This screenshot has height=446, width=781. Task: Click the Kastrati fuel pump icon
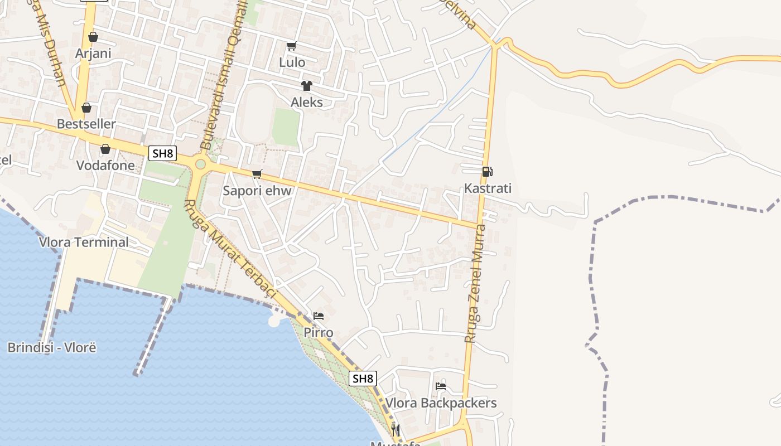coord(487,172)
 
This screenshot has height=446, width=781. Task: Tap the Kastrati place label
coord(488,188)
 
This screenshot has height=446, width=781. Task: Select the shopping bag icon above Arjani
coord(93,37)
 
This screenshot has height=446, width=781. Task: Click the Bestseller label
coord(86,124)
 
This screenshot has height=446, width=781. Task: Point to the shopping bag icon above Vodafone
coord(105,149)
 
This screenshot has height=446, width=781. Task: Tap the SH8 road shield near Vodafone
coord(162,153)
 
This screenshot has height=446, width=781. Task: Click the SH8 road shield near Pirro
coord(363,379)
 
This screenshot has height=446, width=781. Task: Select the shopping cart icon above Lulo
coord(291,46)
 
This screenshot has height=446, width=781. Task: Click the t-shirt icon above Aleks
coord(306,86)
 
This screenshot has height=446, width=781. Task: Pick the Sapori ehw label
coord(257,191)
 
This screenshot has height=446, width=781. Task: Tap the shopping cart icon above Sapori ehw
coord(257,174)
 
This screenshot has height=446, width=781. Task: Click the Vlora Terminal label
coord(84,242)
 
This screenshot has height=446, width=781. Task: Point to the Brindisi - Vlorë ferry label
coord(52,348)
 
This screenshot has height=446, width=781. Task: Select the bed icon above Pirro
coord(319,316)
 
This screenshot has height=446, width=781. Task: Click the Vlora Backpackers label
coord(441,403)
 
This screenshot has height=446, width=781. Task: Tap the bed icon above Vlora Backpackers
coord(441,386)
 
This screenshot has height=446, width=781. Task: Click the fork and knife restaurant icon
coord(395,430)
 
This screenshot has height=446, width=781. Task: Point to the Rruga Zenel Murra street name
coord(475,283)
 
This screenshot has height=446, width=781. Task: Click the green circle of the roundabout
coord(200,164)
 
